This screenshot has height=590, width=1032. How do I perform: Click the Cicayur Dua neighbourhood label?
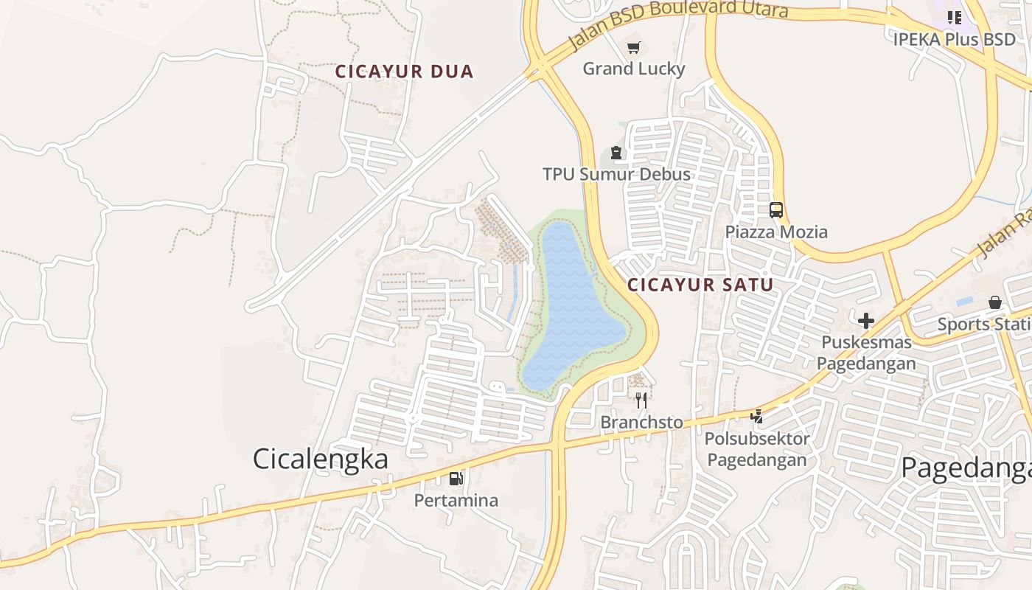click(404, 72)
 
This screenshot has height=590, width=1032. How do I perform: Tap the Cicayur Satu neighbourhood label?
click(700, 285)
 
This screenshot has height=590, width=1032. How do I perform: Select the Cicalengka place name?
click(320, 459)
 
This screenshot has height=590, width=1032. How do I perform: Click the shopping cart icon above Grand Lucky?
click(633, 49)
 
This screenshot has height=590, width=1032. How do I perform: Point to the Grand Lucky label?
click(633, 69)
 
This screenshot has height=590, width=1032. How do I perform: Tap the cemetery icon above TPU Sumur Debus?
click(616, 153)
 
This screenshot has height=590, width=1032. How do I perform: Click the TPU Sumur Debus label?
click(616, 174)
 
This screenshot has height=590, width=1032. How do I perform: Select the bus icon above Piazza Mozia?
click(775, 210)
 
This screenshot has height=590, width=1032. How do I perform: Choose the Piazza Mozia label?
click(775, 232)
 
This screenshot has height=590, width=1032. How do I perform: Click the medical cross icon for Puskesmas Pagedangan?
click(866, 321)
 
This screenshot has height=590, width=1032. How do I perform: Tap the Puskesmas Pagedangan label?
click(866, 353)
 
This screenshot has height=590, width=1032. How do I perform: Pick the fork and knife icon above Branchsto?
click(641, 400)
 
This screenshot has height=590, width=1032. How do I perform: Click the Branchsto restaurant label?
click(641, 423)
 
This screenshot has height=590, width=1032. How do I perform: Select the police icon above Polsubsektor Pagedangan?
click(756, 417)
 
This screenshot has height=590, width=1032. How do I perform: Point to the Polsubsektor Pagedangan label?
click(756, 449)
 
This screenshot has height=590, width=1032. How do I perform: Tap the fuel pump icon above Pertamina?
click(456, 479)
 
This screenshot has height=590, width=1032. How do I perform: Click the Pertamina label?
click(456, 500)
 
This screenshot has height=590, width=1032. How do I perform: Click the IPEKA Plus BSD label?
click(954, 39)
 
